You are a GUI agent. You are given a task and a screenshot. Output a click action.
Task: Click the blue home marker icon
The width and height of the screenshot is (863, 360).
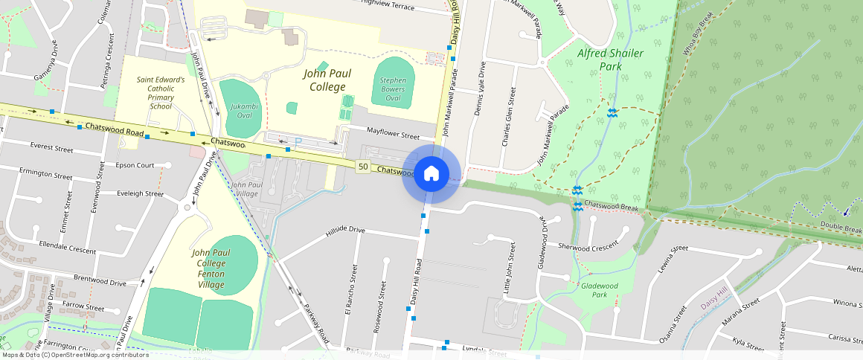431,174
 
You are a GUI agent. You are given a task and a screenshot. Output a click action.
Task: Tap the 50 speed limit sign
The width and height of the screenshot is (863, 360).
363,166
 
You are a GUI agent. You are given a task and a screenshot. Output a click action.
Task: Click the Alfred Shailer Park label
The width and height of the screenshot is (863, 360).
600,60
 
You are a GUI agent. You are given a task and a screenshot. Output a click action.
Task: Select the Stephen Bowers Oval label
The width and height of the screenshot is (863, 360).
394,89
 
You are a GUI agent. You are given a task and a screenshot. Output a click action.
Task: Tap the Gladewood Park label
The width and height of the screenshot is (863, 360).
600,289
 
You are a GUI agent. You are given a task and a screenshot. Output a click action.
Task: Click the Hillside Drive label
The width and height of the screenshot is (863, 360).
345,231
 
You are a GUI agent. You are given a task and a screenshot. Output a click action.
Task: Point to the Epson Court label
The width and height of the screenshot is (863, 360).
135,165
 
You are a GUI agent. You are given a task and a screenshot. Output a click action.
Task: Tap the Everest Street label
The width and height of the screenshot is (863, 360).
52,149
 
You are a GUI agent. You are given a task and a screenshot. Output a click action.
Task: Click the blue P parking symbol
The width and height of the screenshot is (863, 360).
298,141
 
